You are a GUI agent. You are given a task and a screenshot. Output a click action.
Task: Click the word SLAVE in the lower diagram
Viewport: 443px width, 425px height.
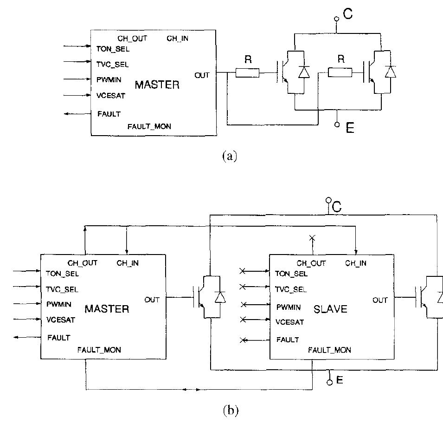[330, 309]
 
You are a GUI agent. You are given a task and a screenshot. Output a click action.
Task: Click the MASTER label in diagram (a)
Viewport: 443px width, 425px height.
[157, 85]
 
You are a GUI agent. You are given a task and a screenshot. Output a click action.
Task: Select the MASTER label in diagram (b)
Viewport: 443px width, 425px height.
[107, 309]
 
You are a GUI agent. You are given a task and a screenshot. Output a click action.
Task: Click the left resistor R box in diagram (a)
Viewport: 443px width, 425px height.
[247, 73]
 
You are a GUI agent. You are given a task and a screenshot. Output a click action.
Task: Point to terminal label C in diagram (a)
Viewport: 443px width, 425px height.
[347, 14]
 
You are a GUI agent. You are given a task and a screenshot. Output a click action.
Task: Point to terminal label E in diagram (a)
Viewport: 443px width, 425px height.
[350, 128]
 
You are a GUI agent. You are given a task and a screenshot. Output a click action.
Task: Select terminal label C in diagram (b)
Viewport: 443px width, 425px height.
[337, 207]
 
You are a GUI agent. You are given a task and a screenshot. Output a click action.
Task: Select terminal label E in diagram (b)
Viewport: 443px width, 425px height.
[340, 380]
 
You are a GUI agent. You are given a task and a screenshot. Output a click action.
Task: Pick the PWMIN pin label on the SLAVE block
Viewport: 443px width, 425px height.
[289, 307]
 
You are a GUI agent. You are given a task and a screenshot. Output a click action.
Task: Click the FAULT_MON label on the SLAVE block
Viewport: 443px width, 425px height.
[329, 350]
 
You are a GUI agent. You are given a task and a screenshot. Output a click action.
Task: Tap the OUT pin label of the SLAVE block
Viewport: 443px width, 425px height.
[380, 300]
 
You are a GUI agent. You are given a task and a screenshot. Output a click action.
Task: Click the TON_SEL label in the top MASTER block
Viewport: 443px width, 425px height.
[113, 49]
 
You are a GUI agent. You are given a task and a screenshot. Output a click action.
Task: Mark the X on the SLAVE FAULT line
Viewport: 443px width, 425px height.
[242, 340]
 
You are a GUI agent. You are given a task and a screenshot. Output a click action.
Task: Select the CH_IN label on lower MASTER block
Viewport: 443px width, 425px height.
[128, 263]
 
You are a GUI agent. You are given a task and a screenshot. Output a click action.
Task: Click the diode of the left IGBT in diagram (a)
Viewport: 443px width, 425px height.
[303, 72]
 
